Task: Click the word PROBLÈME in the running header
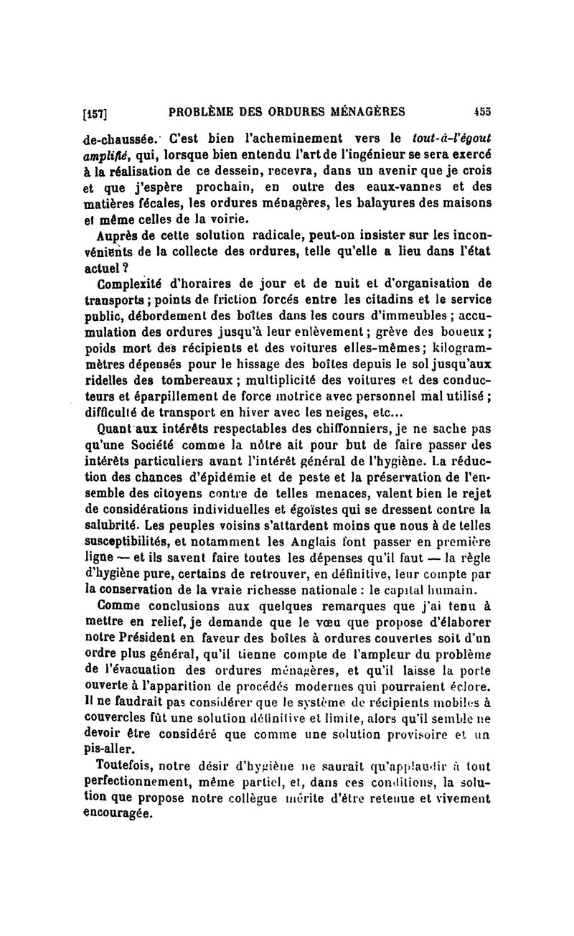[x=202, y=111]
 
